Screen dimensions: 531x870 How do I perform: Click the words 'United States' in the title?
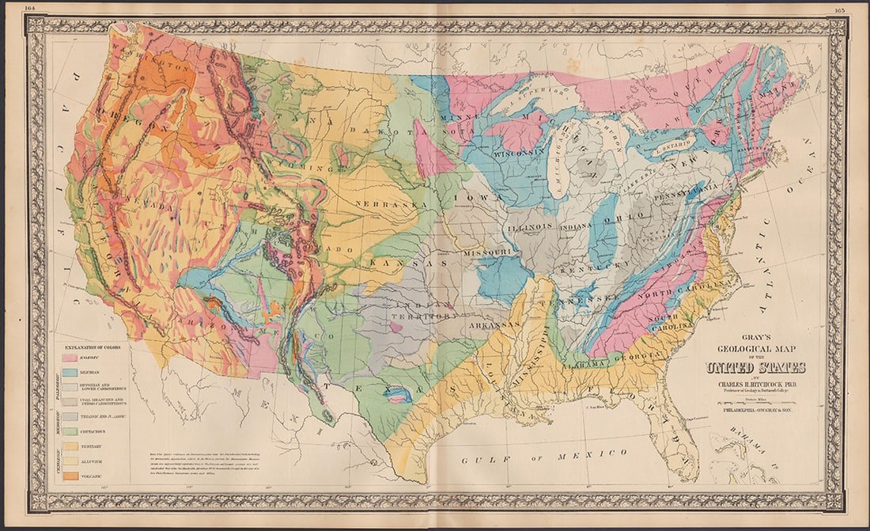755,367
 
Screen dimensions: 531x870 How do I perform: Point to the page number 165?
839,9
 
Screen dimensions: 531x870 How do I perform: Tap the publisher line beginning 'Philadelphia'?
755,411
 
